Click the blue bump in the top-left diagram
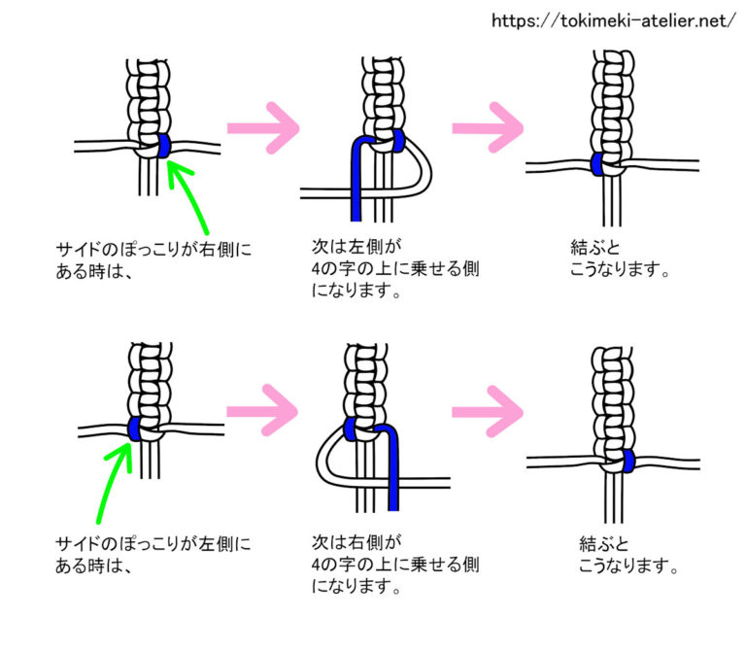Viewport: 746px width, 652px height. tap(164, 146)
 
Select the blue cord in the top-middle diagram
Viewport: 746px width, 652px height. tap(357, 185)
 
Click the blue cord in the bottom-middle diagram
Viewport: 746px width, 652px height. tap(392, 466)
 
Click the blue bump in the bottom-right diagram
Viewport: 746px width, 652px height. tap(628, 460)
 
